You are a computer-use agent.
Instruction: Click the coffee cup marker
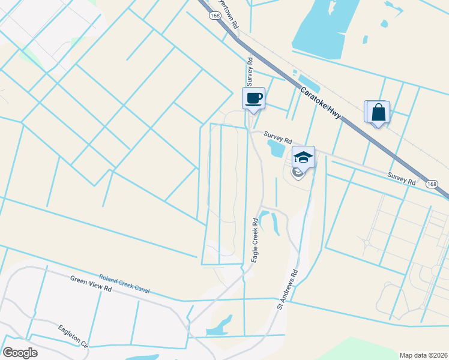point(253,98)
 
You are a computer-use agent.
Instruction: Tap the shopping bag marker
point(379,112)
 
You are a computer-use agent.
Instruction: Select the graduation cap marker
point(303,158)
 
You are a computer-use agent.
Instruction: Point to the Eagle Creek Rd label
point(255,239)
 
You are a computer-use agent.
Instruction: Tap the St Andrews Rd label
point(288,290)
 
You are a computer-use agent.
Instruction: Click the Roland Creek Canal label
point(124,283)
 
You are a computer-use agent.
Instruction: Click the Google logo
point(20,353)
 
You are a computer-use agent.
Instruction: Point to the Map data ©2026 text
point(423,354)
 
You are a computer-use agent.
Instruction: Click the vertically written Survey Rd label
point(249,70)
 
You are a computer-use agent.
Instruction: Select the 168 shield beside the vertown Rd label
point(215,16)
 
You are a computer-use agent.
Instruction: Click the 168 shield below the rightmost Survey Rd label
point(432,185)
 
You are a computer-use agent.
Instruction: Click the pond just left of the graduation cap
point(277,148)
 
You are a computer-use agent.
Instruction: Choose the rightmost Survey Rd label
point(402,178)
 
